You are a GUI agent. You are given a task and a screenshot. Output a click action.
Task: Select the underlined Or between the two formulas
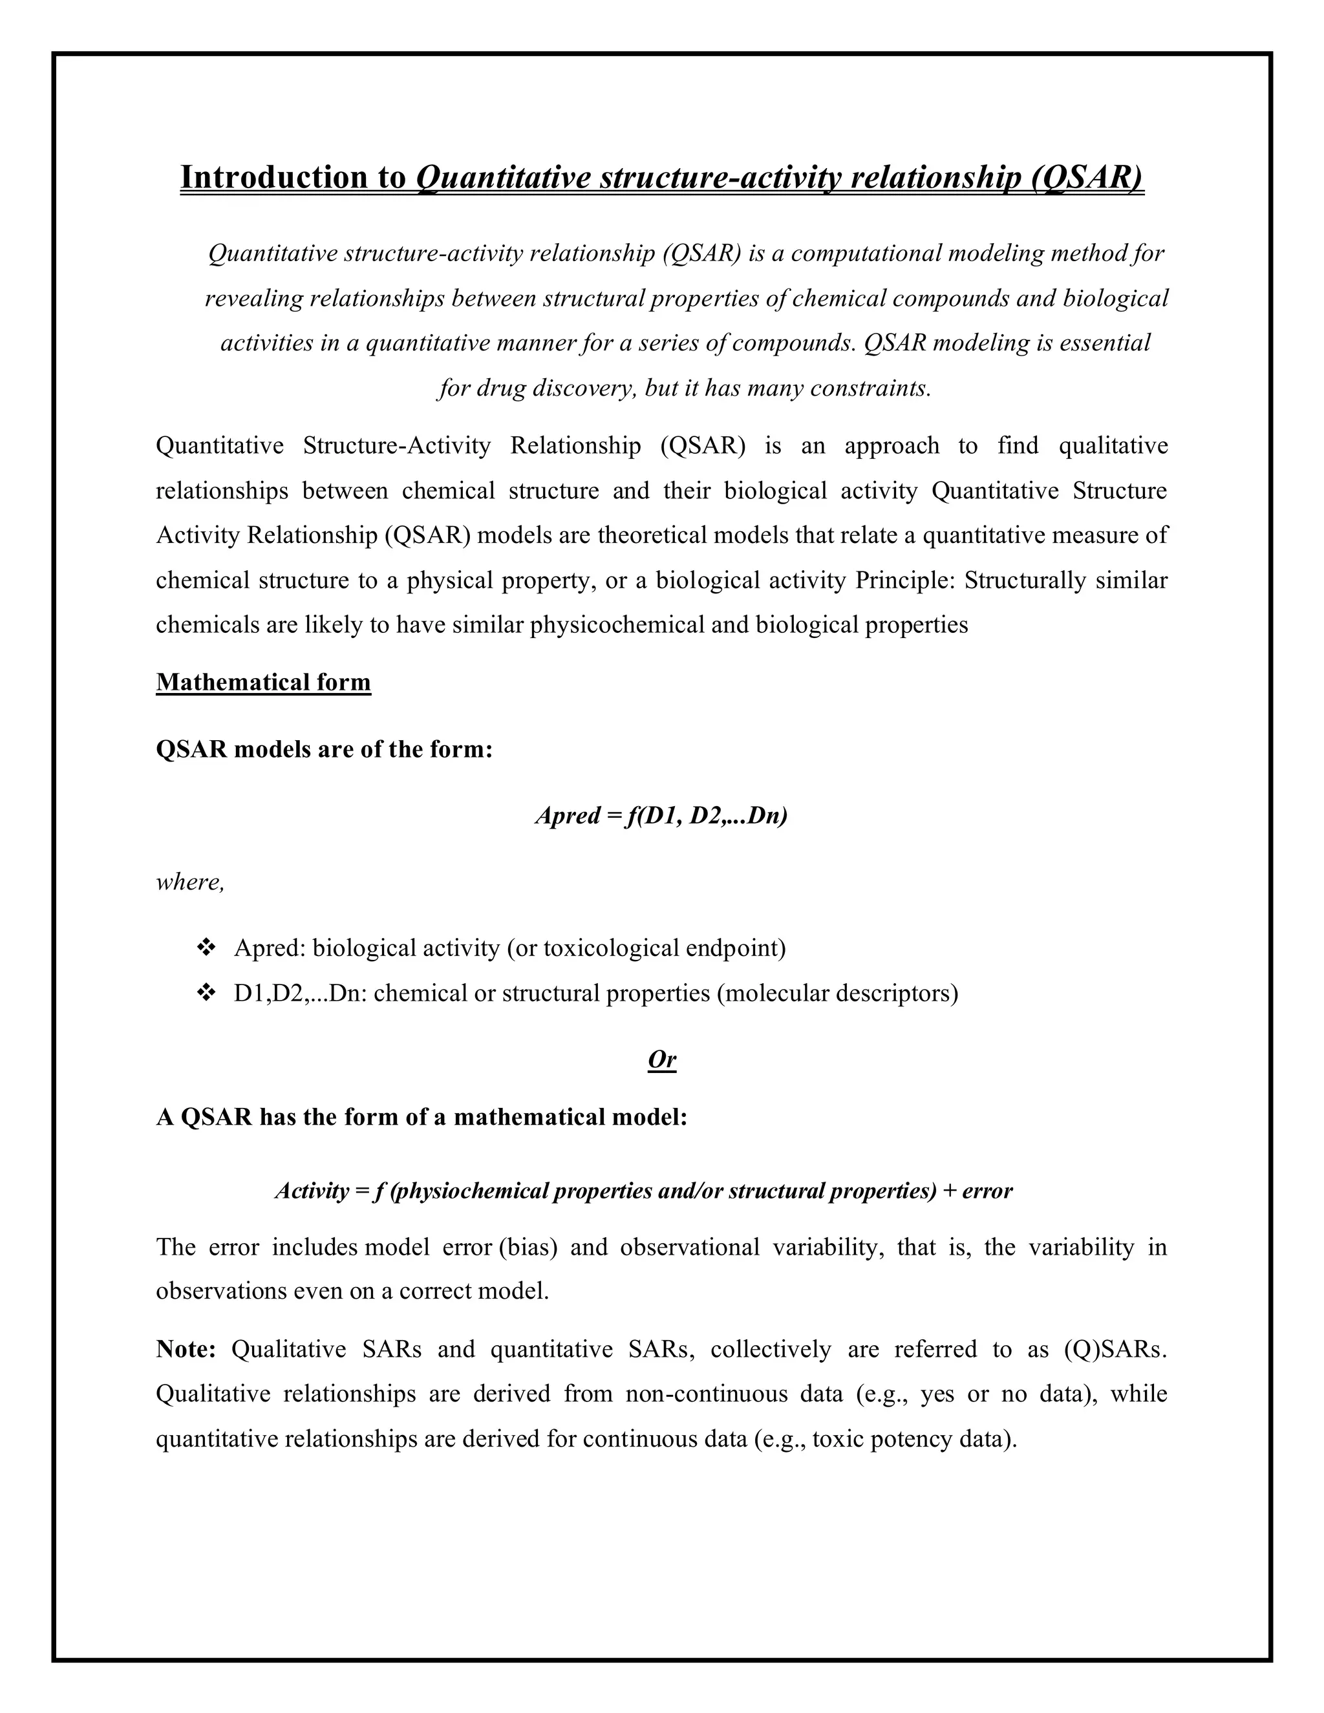click(x=661, y=1059)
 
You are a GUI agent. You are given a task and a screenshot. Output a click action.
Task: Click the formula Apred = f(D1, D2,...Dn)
click(x=661, y=816)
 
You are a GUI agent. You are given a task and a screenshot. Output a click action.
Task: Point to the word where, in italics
click(x=190, y=882)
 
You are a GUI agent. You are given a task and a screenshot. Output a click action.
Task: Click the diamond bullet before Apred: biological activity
click(x=206, y=948)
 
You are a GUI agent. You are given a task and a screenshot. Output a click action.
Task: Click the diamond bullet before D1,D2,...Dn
click(x=206, y=994)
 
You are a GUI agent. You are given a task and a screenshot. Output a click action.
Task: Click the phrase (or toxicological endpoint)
click(x=646, y=948)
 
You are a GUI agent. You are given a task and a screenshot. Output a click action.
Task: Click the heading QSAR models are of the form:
click(x=324, y=749)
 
